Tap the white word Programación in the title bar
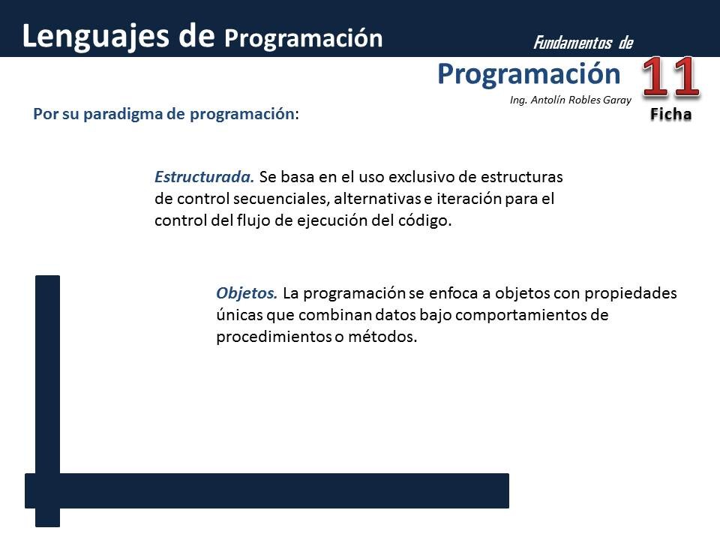point(303,37)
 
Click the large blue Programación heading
point(529,73)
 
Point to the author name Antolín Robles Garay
point(580,100)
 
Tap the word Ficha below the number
point(670,115)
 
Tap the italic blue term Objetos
point(247,292)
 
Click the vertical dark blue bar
point(47,375)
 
